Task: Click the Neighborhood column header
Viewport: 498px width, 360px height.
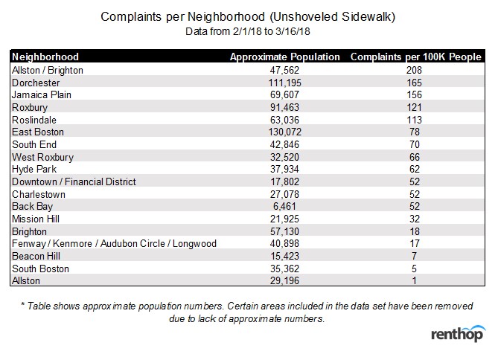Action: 45,57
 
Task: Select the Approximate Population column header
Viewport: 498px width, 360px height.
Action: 284,57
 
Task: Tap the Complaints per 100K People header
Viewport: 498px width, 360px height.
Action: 415,57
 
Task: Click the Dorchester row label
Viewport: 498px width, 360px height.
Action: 36,83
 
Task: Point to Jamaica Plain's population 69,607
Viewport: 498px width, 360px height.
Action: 284,95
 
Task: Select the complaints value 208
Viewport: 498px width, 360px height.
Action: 414,70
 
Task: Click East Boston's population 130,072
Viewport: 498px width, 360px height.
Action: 284,132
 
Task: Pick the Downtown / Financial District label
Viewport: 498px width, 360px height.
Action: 74,181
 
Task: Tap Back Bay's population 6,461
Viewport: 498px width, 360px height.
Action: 284,206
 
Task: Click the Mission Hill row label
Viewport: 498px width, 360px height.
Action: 36,219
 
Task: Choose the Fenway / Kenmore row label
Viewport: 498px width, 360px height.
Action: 115,243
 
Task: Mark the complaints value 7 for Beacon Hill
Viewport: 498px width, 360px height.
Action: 414,256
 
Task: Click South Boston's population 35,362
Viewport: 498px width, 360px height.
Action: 284,269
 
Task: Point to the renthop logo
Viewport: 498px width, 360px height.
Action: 458,333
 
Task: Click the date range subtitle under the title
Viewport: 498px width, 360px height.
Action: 248,31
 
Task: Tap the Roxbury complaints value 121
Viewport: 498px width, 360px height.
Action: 414,107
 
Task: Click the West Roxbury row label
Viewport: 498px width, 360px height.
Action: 43,157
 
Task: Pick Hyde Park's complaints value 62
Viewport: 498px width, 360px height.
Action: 414,169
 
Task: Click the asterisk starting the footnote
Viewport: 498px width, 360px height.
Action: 23,305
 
